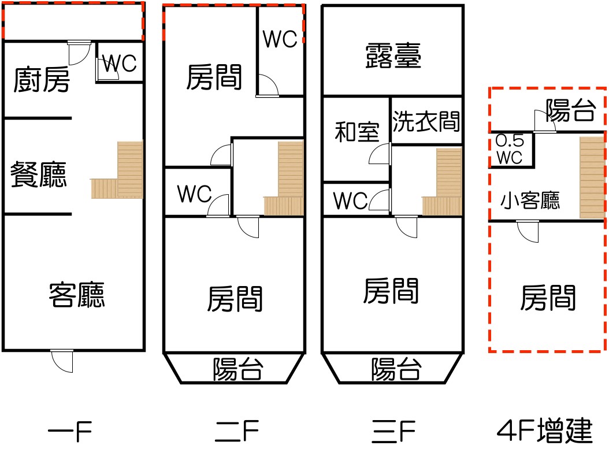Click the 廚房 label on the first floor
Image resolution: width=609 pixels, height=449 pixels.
42,79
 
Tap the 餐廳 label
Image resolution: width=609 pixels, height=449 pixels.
39,175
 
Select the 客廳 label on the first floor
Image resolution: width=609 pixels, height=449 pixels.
77,295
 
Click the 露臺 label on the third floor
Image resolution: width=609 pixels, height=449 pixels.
393,55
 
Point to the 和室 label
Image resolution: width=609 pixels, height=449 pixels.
357,132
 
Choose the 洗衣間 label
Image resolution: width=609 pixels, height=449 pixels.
426,121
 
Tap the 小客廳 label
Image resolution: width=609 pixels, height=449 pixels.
530,201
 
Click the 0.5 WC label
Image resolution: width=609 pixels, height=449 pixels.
510,149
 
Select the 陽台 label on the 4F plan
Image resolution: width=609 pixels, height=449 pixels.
570,110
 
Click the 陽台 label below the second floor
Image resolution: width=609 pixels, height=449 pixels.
237,369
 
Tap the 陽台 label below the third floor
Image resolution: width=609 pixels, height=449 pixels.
396,369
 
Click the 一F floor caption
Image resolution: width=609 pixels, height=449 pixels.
70,431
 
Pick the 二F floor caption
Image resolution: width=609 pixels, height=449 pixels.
237,431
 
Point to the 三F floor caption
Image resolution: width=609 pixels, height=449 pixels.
393,431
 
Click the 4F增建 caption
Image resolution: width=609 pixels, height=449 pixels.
544,431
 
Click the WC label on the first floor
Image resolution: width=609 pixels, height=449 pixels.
120,64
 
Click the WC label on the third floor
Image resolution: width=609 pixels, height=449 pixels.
350,201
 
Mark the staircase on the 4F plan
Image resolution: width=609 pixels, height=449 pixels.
592,177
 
